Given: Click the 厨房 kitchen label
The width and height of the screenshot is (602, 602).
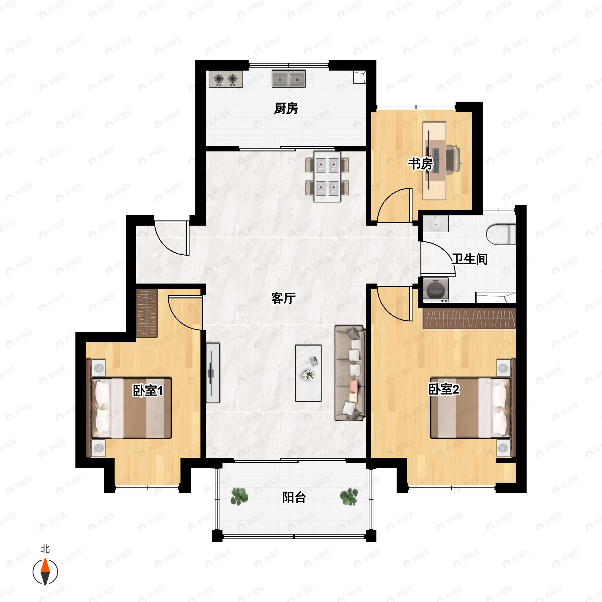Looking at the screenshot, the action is (286, 108).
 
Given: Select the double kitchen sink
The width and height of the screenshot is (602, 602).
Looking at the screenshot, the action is (288, 79).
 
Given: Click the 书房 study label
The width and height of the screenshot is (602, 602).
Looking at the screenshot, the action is (421, 164).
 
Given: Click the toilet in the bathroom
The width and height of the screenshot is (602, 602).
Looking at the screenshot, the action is (501, 234).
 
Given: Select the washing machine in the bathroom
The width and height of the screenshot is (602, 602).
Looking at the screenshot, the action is (436, 290).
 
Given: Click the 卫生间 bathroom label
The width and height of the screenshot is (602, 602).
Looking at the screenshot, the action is (470, 259).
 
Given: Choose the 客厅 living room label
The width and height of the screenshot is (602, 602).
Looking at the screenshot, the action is (283, 298).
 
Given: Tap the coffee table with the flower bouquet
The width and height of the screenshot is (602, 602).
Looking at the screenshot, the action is (309, 373).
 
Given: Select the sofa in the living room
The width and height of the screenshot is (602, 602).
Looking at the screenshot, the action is (350, 373).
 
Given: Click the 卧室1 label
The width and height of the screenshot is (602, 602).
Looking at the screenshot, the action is (148, 391).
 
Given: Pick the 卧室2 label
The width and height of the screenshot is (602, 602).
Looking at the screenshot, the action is (444, 389).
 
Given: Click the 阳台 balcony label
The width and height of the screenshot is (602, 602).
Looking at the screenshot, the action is (294, 498).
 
